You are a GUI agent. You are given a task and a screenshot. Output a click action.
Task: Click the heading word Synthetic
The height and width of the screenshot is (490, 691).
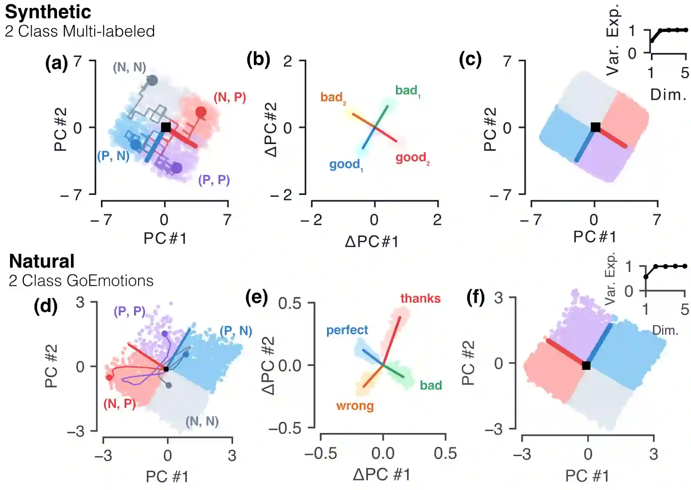point(48,12)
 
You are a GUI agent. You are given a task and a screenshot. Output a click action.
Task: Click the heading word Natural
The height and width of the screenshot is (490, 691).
point(42,261)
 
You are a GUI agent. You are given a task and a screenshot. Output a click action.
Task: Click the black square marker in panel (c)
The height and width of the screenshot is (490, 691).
point(595,127)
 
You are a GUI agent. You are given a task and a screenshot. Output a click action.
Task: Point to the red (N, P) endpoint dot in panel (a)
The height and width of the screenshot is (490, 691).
point(201,112)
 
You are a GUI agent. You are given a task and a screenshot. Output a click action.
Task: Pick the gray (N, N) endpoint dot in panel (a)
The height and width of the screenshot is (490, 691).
point(153,81)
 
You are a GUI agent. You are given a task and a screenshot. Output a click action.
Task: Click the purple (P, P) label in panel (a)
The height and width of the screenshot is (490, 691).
point(214,180)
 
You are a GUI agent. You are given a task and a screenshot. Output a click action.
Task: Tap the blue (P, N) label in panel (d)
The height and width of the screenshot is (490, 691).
point(236,331)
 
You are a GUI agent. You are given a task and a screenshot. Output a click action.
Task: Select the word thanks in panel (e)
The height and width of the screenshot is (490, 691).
point(420,298)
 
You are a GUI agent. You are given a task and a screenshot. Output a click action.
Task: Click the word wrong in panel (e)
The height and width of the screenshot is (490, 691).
point(355,406)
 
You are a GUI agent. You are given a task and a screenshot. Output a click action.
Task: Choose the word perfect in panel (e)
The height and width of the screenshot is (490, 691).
point(347,330)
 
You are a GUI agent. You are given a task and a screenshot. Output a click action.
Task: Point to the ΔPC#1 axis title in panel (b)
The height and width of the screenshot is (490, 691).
point(372,242)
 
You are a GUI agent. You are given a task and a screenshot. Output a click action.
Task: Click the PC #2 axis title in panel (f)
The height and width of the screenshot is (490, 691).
point(468,363)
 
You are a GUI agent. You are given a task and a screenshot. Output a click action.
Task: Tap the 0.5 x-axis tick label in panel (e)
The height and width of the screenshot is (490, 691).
point(445,454)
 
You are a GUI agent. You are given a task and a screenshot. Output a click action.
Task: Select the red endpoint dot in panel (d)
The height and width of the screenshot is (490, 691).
point(109,377)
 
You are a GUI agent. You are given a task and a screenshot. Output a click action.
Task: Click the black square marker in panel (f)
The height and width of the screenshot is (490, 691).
point(586,366)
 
